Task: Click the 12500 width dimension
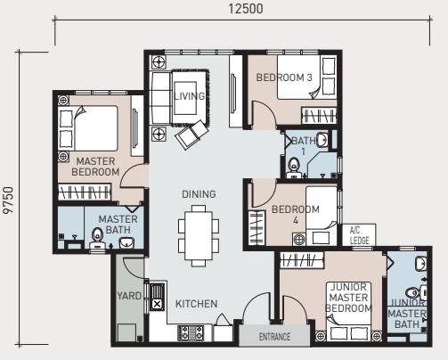coord(246,9)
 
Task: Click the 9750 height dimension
coord(8,200)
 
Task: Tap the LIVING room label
coord(190,96)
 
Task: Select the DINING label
coord(199,194)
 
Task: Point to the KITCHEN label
coord(197,304)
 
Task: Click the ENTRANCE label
coord(274,337)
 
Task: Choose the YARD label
coord(129,296)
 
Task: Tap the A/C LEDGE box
coord(359,234)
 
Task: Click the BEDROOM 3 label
coord(284,78)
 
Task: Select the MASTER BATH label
coord(118,225)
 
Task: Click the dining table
coord(199,235)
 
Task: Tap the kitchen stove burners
coord(191,333)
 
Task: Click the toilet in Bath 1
coord(294,167)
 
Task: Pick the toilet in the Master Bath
coord(97,238)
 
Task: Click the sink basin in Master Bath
coord(126,242)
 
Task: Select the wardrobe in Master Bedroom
coord(85,192)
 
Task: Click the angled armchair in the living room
coord(192,135)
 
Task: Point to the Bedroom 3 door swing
coord(265,113)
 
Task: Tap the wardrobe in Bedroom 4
coord(256,228)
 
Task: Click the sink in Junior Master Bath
coord(421,265)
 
